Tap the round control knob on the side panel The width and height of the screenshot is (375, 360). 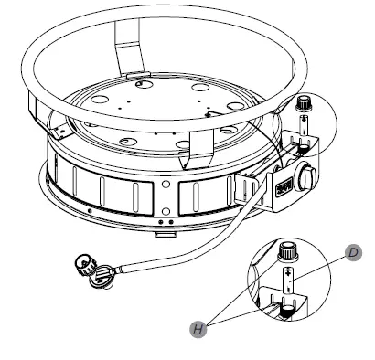(309, 175)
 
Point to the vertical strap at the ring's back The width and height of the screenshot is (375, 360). (129, 46)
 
